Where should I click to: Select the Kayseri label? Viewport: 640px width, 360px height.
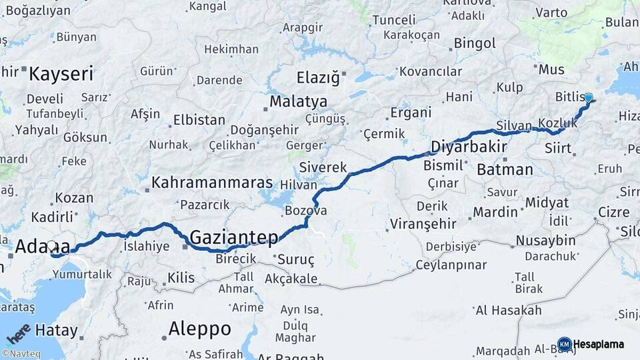point(61,73)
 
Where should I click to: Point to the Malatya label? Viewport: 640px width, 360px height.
point(298,102)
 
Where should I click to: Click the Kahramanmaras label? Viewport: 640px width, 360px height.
point(212,182)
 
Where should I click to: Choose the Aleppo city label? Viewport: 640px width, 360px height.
point(199,329)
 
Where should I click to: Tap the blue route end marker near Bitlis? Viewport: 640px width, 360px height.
point(587,98)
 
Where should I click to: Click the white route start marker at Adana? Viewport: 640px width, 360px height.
point(52,246)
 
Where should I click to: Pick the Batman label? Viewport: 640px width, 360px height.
point(505,169)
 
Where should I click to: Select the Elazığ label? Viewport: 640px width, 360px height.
point(318,77)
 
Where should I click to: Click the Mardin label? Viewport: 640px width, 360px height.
point(495,213)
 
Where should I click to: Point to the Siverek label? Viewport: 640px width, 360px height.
point(323,167)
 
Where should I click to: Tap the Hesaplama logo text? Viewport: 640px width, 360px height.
point(599,344)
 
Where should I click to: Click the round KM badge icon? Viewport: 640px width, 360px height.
point(565,344)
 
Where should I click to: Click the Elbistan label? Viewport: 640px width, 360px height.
point(199,121)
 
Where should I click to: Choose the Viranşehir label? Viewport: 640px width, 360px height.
point(423,223)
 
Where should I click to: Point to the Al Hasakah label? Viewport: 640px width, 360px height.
point(508,310)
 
